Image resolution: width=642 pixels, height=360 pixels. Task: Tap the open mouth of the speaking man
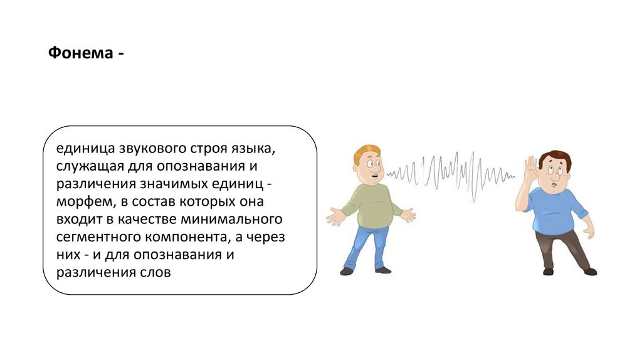click(374, 176)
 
